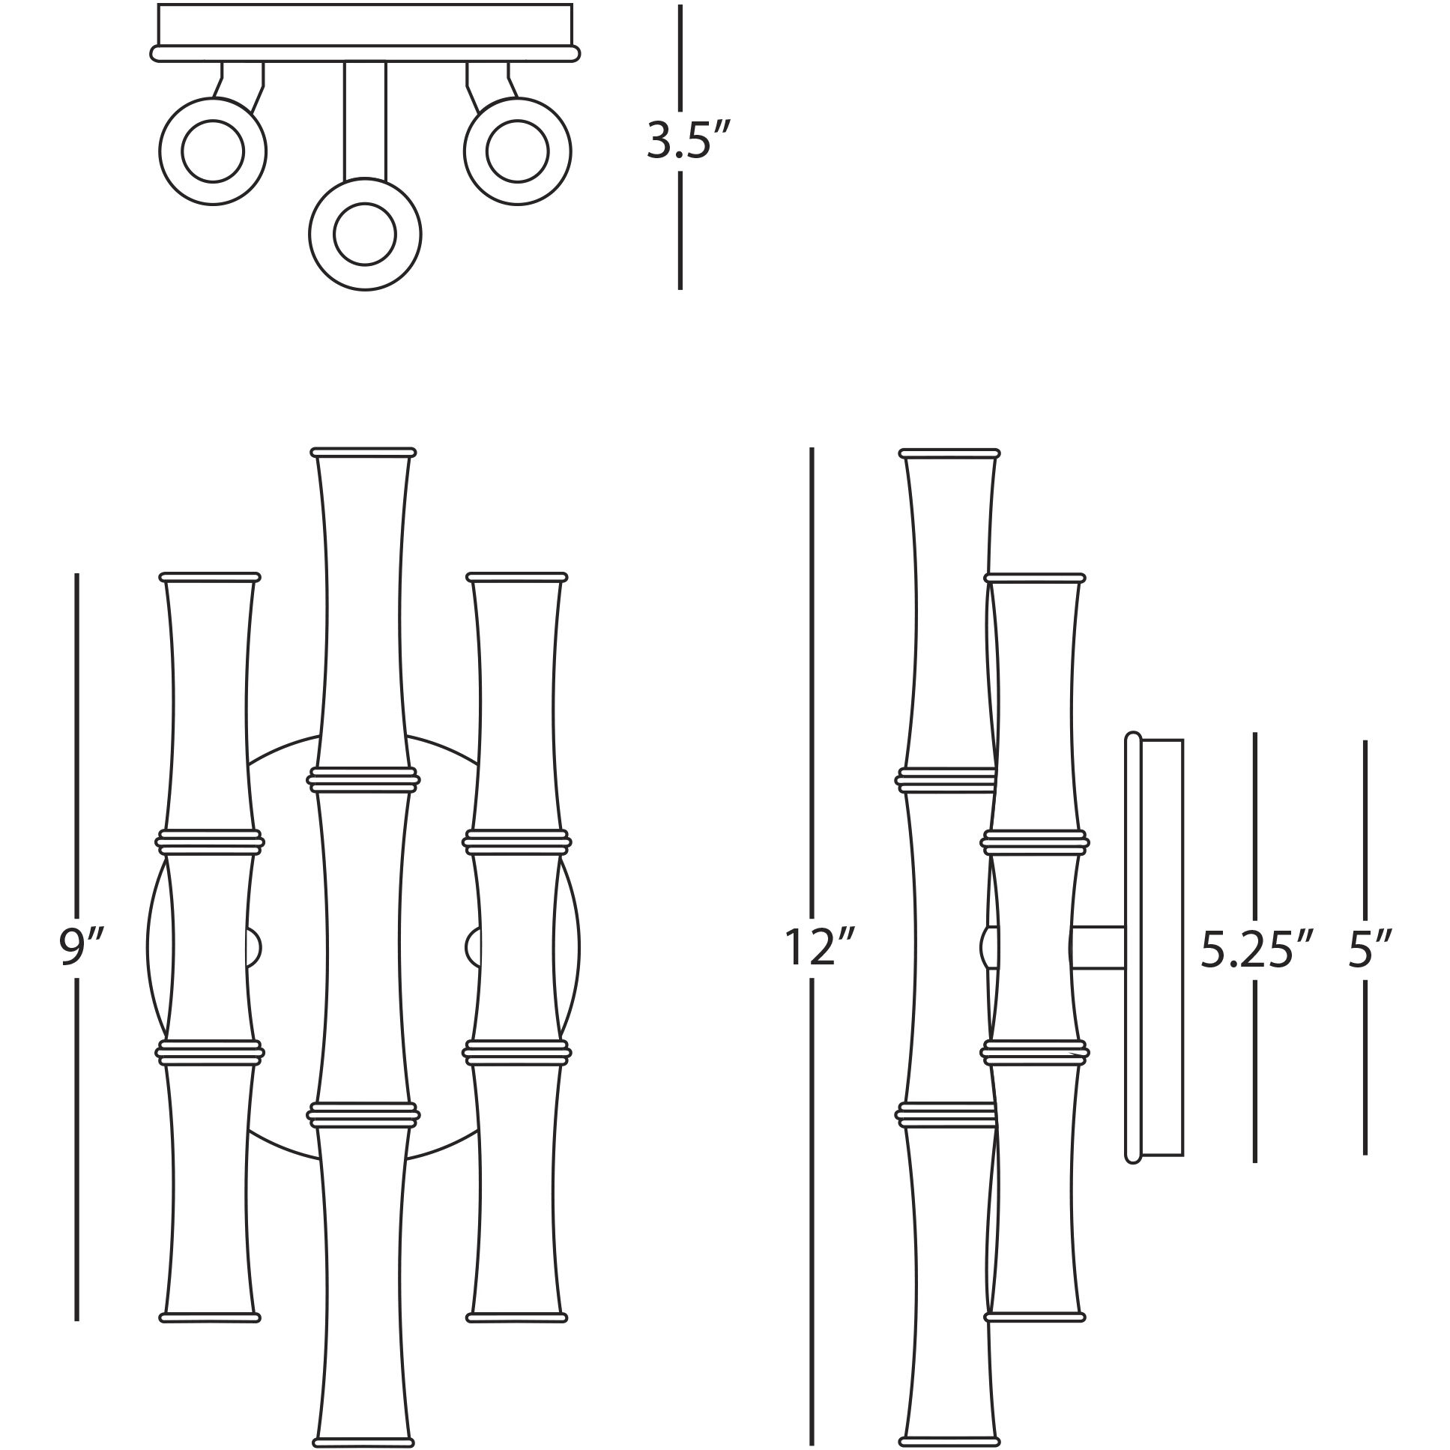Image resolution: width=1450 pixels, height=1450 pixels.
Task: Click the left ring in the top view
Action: click(213, 151)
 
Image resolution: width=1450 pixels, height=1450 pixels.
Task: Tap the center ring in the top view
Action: click(365, 234)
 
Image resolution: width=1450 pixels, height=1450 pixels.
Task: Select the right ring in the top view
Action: click(517, 151)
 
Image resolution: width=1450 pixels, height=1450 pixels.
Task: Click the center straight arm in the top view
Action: click(365, 120)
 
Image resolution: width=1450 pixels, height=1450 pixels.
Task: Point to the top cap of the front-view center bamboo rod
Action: click(363, 453)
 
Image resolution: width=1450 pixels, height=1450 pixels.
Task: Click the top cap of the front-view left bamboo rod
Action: click(210, 577)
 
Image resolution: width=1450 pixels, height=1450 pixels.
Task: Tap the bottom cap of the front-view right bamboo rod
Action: click(516, 1317)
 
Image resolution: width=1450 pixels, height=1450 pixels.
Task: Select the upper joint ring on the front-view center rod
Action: click(363, 780)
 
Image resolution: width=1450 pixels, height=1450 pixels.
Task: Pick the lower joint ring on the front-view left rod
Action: click(210, 1052)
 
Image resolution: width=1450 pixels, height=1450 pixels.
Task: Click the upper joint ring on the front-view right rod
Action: click(516, 842)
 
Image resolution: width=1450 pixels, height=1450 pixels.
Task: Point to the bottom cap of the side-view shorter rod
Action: click(1035, 1317)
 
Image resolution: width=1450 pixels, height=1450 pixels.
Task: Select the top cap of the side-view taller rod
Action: click(949, 453)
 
